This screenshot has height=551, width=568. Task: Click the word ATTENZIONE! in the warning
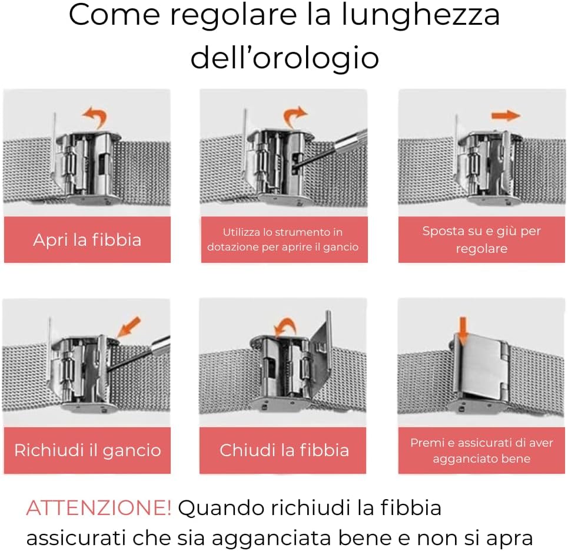[98, 507]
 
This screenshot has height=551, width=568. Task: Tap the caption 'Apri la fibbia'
[87, 240]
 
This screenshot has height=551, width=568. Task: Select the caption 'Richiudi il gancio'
[87, 450]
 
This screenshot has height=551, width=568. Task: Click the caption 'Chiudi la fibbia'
[284, 450]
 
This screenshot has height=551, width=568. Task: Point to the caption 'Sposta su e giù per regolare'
[481, 239]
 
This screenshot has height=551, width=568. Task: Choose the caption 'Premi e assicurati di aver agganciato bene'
[481, 450]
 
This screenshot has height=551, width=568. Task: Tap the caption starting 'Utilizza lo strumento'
[283, 239]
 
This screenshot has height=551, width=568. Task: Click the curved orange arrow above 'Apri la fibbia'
[95, 116]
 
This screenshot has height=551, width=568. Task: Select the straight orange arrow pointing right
[506, 116]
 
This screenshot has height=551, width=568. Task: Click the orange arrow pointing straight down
[463, 331]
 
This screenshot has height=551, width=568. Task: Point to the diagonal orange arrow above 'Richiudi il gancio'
[129, 326]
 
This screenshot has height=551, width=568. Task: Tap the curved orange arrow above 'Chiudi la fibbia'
[285, 326]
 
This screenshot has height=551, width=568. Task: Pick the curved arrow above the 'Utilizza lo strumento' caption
[294, 116]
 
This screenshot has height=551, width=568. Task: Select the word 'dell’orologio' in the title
[285, 58]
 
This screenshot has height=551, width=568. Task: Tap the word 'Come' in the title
[114, 15]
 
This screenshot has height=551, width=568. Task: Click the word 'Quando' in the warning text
[221, 508]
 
